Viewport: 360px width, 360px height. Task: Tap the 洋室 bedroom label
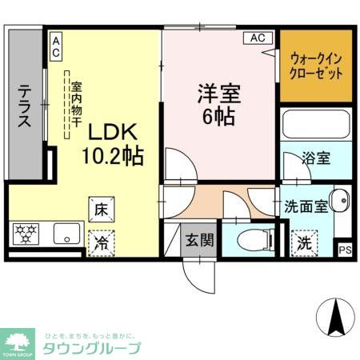[x=218, y=102]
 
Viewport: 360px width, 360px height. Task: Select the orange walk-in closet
[x=316, y=66]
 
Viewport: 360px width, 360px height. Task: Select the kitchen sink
[x=63, y=235]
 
